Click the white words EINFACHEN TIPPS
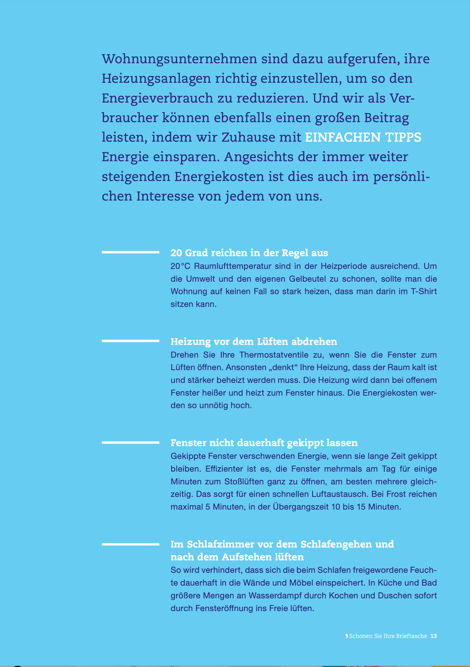click(363, 137)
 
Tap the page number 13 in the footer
click(433, 636)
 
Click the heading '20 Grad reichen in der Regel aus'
click(249, 253)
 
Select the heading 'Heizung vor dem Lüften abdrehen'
click(254, 341)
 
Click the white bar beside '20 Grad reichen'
click(131, 252)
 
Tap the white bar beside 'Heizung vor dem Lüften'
click(131, 341)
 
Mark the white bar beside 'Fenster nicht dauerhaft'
click(131, 442)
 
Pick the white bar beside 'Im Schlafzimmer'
click(131, 544)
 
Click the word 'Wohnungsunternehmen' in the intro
click(179, 59)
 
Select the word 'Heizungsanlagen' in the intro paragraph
click(156, 79)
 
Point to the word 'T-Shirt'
click(424, 291)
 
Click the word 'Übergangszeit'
click(300, 507)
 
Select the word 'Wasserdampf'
click(287, 596)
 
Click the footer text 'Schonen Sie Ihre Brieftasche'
click(388, 636)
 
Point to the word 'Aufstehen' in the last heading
click(247, 557)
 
